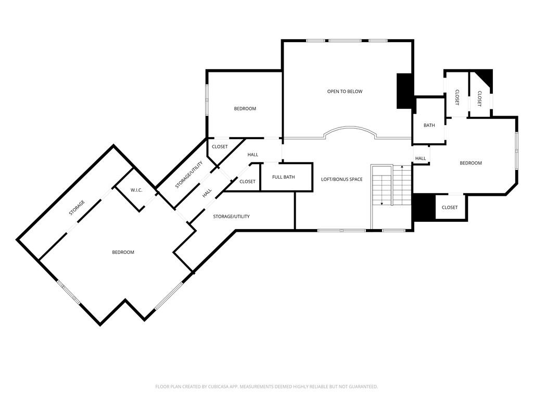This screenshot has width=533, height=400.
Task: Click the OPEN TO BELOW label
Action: pyautogui.click(x=345, y=92)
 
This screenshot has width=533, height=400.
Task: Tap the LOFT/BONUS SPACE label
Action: pyautogui.click(x=341, y=180)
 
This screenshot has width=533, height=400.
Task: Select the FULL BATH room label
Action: pyautogui.click(x=283, y=177)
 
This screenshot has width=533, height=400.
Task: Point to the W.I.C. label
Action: pyautogui.click(x=136, y=190)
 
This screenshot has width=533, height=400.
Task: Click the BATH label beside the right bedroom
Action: pyautogui.click(x=429, y=126)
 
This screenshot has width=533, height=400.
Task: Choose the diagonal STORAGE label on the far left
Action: pyautogui.click(x=77, y=208)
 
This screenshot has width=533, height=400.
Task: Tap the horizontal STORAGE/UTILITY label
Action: pyautogui.click(x=231, y=216)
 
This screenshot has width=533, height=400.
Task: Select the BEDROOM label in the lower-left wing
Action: pyautogui.click(x=123, y=253)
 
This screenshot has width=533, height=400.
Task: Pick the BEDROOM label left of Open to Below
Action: pyautogui.click(x=245, y=109)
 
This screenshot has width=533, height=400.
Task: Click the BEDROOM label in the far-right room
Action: pyautogui.click(x=471, y=164)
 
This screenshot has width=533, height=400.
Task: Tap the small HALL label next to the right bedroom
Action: pyautogui.click(x=421, y=158)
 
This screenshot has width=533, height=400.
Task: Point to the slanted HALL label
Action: pyautogui.click(x=207, y=193)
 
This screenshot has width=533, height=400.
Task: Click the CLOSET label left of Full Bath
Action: pyautogui.click(x=247, y=182)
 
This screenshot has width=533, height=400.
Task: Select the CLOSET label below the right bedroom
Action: pyautogui.click(x=450, y=208)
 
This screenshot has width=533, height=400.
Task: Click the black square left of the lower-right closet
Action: pyautogui.click(x=424, y=207)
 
